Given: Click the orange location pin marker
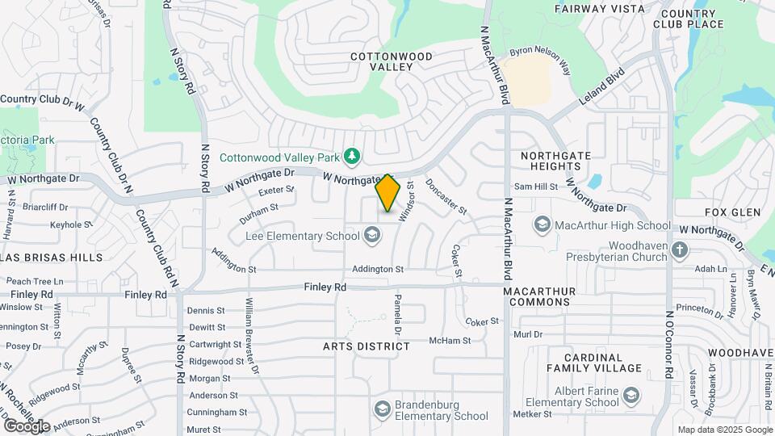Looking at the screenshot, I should [x=387, y=192].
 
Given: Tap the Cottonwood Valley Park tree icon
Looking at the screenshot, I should [x=351, y=155].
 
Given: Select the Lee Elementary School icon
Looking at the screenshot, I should [x=372, y=236].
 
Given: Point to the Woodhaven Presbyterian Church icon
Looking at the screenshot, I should [x=679, y=249].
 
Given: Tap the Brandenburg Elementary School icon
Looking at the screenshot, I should [x=382, y=409].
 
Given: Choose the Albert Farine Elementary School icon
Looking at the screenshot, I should [x=630, y=395].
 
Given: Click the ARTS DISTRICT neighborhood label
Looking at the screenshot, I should [x=367, y=346].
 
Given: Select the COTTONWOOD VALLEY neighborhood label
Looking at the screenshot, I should [x=391, y=61].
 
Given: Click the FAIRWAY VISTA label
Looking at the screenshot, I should [x=600, y=9].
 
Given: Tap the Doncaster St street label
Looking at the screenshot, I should [x=446, y=196].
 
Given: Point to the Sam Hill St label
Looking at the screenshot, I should [x=536, y=187].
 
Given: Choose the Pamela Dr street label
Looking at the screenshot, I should [x=397, y=314].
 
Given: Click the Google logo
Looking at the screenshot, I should [x=26, y=426].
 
